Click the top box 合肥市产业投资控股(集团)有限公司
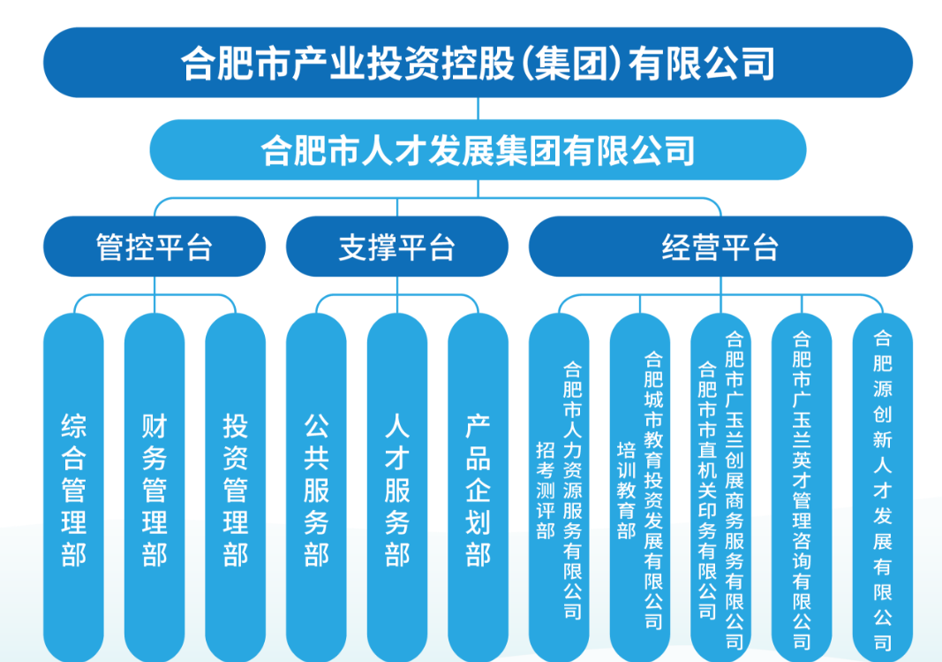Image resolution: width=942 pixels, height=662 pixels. pyautogui.click(x=478, y=63)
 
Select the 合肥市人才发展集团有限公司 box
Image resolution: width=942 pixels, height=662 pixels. pyautogui.click(x=478, y=149)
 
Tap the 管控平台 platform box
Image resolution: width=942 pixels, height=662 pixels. pyautogui.click(x=154, y=247)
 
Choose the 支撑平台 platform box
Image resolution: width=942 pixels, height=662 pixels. pyautogui.click(x=397, y=247)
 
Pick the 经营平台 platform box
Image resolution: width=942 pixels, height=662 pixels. pyautogui.click(x=720, y=247)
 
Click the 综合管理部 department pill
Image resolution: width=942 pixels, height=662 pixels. pyautogui.click(x=73, y=488)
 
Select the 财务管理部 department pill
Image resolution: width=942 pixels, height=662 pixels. pyautogui.click(x=154, y=488)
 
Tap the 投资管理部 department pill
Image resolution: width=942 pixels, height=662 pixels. pyautogui.click(x=235, y=488)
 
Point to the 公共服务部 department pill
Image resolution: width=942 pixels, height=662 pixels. pyautogui.click(x=316, y=488)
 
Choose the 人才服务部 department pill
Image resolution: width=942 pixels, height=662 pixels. pyautogui.click(x=397, y=488)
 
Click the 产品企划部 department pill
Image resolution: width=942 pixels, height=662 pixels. pyautogui.click(x=478, y=488)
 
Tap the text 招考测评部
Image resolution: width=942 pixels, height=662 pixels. pyautogui.click(x=546, y=490)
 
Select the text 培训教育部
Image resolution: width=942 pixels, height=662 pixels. pyautogui.click(x=626, y=490)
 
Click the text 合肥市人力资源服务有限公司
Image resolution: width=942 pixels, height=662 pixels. pyautogui.click(x=573, y=490)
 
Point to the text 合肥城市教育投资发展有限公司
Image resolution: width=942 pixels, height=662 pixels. pyautogui.click(x=653, y=490)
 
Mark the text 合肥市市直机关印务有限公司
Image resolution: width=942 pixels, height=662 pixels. pyautogui.click(x=707, y=490)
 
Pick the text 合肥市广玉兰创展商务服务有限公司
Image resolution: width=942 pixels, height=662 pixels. pyautogui.click(x=735, y=490)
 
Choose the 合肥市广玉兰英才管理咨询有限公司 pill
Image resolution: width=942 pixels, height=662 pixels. pyautogui.click(x=802, y=488)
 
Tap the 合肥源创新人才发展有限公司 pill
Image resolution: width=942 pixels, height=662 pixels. pyautogui.click(x=883, y=488)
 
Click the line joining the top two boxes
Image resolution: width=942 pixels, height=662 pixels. pyautogui.click(x=478, y=109)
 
